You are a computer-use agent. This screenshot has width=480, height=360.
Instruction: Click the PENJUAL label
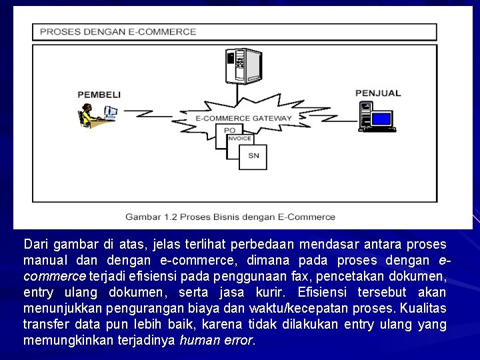378,93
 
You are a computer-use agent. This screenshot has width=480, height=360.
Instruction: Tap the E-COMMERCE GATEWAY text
243,118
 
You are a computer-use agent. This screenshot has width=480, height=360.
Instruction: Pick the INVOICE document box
239,139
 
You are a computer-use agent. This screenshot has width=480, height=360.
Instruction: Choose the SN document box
253,156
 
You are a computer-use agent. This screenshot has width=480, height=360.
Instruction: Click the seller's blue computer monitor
381,119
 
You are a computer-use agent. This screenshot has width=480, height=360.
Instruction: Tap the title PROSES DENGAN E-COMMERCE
118,31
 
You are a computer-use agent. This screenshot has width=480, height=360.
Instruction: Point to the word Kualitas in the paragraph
423,308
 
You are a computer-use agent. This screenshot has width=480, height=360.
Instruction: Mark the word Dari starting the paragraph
35,244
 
